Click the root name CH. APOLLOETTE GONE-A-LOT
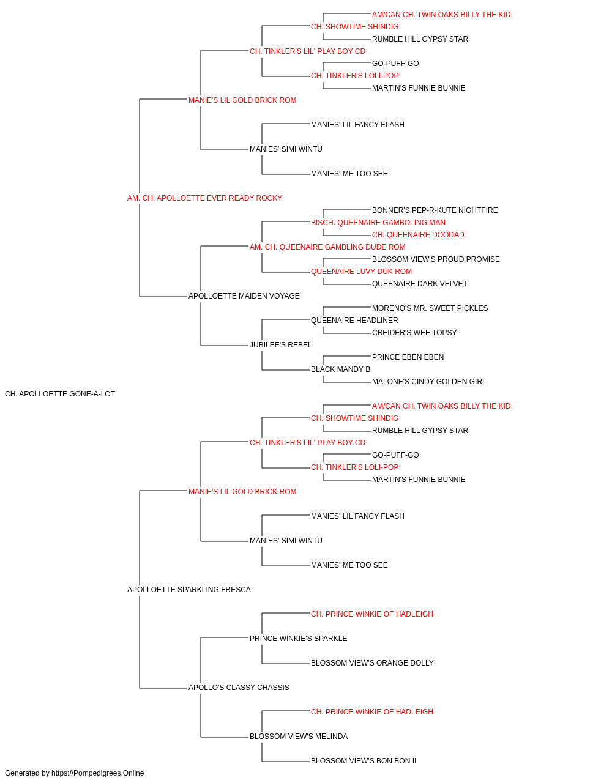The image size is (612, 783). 60,394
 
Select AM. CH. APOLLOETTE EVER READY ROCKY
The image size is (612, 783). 205,198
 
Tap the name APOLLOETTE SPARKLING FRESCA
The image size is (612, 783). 189,590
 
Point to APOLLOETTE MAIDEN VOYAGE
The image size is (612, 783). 244,296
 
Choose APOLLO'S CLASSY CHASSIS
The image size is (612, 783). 239,688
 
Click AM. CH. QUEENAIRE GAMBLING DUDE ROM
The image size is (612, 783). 327,247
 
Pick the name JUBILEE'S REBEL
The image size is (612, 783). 281,345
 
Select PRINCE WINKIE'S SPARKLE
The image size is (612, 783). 299,639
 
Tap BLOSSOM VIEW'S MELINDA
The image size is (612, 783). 299,737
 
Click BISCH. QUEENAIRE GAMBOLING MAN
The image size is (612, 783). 378,223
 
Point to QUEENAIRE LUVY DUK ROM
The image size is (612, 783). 362,272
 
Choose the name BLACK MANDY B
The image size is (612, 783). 341,369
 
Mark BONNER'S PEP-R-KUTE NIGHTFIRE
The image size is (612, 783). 435,210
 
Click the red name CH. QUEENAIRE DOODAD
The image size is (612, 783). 418,235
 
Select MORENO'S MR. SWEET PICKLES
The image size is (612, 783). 430,308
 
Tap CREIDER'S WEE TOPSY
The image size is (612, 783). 414,333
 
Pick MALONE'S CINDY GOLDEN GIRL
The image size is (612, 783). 429,382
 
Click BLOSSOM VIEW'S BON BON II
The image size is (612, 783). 364,761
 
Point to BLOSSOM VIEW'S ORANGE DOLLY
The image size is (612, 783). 372,663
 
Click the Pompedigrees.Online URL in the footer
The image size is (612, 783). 98,773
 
